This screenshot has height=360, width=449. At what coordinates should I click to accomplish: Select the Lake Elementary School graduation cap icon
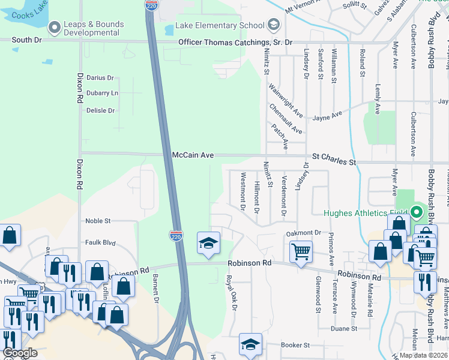(x=274, y=25)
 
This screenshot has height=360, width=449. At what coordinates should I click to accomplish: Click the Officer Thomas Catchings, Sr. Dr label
(x=235, y=42)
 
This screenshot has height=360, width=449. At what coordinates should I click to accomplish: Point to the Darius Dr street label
(x=100, y=78)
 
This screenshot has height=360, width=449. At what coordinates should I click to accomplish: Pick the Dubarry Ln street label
(x=102, y=94)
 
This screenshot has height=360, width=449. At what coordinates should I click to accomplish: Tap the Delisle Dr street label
(x=100, y=111)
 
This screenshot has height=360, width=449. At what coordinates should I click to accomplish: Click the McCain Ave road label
(x=193, y=155)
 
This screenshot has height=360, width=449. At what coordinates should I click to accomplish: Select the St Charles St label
(x=332, y=162)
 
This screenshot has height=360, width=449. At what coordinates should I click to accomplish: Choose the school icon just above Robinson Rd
(x=208, y=243)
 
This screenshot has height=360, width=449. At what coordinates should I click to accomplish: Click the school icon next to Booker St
(x=250, y=344)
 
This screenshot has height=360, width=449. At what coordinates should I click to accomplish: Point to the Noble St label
(x=98, y=221)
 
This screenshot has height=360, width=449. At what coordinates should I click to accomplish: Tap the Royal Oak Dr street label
(x=228, y=293)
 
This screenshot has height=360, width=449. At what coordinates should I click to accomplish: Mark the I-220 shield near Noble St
(x=175, y=236)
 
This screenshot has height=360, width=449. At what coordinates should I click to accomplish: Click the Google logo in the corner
(x=19, y=353)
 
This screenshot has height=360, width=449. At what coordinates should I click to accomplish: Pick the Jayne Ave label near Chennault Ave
(x=327, y=114)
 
